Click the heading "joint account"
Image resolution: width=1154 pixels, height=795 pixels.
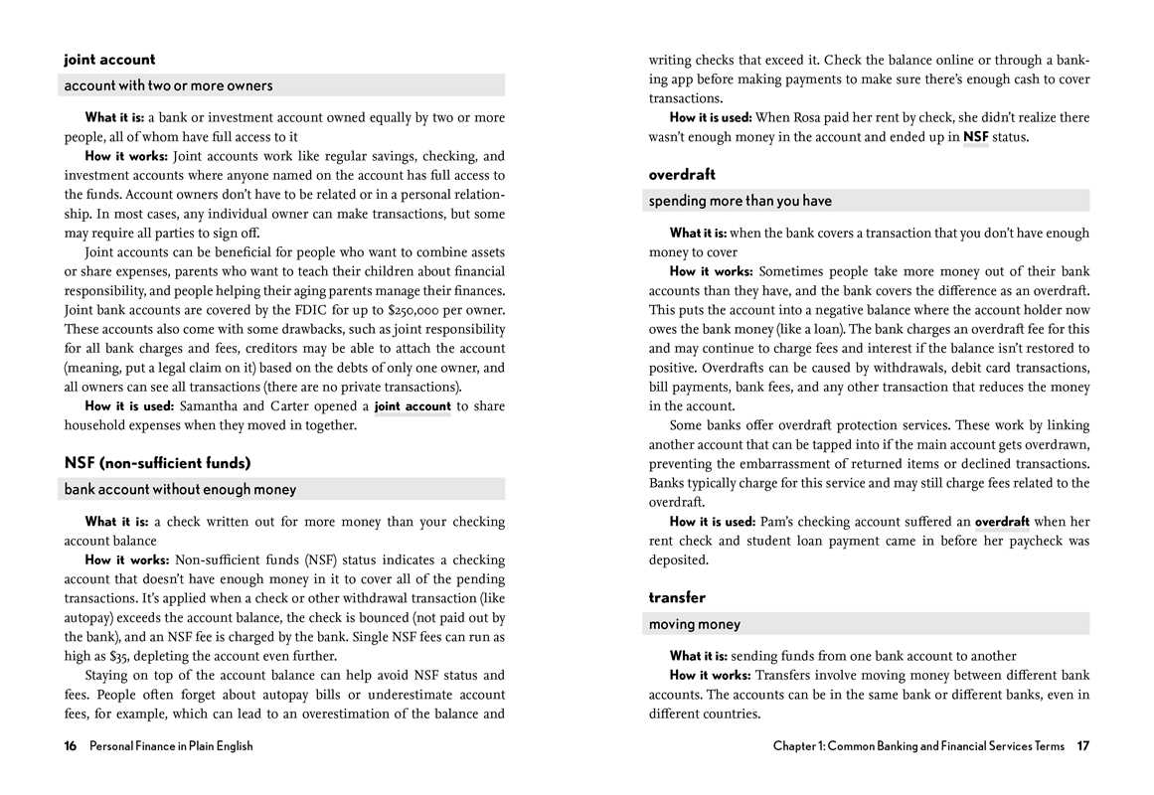(x=109, y=60)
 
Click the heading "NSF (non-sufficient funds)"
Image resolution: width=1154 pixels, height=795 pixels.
(x=157, y=463)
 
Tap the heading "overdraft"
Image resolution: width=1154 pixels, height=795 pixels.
(x=682, y=175)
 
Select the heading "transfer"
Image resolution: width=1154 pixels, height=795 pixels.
(x=677, y=598)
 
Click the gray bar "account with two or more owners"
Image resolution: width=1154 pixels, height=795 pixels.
(x=283, y=85)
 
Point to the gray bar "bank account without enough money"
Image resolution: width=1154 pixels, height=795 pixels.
(x=283, y=489)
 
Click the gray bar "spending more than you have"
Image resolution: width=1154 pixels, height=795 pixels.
(x=868, y=201)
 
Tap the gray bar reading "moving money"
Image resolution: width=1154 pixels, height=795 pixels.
(x=868, y=624)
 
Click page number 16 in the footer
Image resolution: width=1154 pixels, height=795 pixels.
(x=71, y=746)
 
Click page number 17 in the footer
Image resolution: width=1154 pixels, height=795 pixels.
(x=1082, y=746)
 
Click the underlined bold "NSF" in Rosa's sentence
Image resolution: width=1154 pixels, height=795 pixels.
(x=975, y=137)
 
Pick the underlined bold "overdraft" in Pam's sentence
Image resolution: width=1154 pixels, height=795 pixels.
(x=1002, y=522)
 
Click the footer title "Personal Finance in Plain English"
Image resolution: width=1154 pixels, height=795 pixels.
(x=171, y=746)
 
